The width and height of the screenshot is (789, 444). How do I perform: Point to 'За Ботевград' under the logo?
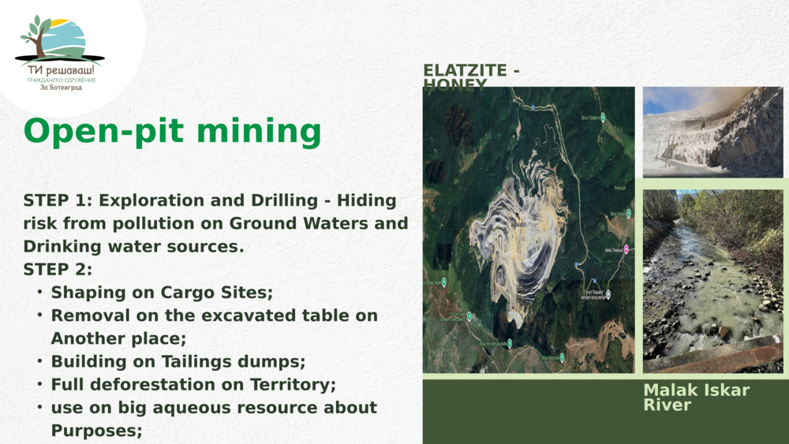coord(61,88)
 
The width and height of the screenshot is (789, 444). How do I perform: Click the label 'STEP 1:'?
coord(58,200)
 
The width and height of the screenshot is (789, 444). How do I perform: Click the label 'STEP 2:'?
coord(58,270)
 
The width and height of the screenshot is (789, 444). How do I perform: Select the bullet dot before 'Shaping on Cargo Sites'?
coord(39,293)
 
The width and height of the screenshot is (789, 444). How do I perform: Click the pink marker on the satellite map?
coord(626,249)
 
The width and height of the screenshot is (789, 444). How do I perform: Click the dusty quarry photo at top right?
coord(712,131)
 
